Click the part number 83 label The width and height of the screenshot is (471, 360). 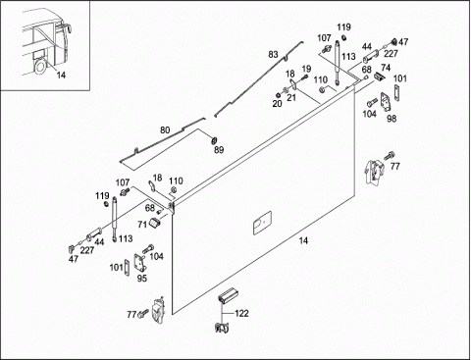click(273, 55)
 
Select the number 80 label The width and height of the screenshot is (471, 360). click(165, 130)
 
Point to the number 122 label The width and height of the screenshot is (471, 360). click(241, 314)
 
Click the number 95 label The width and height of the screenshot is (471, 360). click(142, 279)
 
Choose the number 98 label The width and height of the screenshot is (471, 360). click(392, 119)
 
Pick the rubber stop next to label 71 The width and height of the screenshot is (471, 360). click(154, 223)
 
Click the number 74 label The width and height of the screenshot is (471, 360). click(386, 68)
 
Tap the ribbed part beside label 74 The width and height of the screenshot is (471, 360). click(379, 77)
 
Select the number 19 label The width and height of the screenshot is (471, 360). click(306, 69)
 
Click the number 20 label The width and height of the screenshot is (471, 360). click(277, 104)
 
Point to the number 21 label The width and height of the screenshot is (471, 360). click(291, 97)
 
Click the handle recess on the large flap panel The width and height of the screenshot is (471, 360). click(262, 223)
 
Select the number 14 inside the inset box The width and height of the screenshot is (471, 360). click(61, 76)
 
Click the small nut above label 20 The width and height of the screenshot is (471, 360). click(278, 95)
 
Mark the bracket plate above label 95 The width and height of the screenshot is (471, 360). click(139, 263)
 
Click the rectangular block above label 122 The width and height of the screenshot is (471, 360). click(229, 295)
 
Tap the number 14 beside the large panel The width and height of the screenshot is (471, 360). click(303, 241)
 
